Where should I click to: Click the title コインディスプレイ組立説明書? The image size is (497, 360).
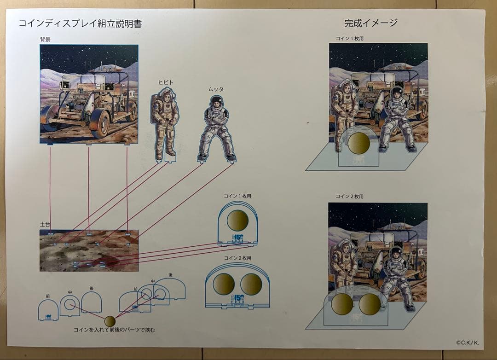click(80, 24)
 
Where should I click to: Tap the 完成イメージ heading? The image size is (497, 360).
click(370, 23)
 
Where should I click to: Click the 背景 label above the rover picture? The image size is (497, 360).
click(45, 40)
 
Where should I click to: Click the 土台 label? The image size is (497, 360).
click(45, 225)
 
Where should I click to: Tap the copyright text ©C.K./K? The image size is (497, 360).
click(468, 342)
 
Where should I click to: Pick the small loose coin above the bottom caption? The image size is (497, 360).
click(110, 321)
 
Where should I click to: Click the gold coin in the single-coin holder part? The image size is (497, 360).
click(237, 220)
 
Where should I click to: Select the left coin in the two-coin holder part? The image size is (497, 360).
click(224, 284)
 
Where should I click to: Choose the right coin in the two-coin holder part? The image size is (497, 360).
click(251, 284)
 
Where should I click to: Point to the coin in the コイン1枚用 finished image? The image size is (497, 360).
click(358, 143)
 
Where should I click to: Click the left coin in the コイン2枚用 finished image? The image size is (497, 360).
click(342, 304)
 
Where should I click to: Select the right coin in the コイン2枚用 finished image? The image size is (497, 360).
click(370, 304)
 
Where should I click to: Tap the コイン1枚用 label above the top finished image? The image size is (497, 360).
click(349, 39)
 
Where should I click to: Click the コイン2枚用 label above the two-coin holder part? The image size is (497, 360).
click(237, 258)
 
